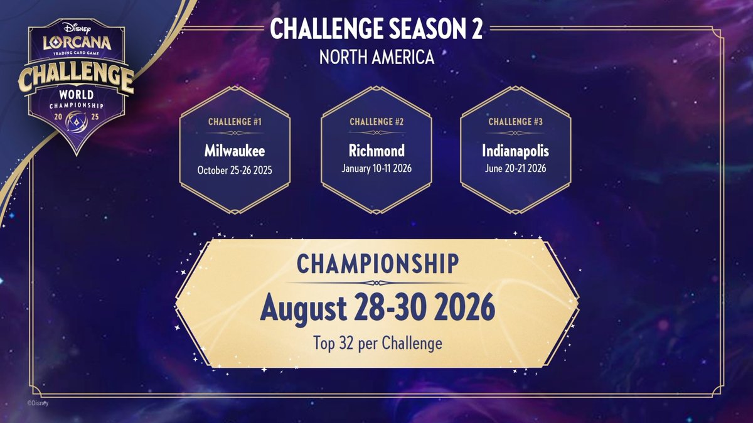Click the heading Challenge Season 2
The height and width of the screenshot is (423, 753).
tap(376, 30)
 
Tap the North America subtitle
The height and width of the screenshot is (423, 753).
tap(376, 56)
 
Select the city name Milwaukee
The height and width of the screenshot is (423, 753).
tap(235, 151)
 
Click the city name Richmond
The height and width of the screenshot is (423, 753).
tap(376, 151)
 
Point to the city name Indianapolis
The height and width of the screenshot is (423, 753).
tap(516, 151)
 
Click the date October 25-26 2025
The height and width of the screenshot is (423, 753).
tap(235, 169)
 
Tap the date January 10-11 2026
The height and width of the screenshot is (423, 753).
tap(376, 169)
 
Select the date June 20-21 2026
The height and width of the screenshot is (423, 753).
tap(516, 169)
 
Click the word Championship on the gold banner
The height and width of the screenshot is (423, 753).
tap(377, 265)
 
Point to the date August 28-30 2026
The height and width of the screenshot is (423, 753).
tap(377, 308)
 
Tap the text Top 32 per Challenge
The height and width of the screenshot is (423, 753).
tap(377, 343)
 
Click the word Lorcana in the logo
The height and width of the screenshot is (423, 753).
tap(77, 45)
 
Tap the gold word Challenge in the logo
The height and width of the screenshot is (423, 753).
tap(75, 80)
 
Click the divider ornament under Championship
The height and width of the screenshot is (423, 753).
tap(377, 284)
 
